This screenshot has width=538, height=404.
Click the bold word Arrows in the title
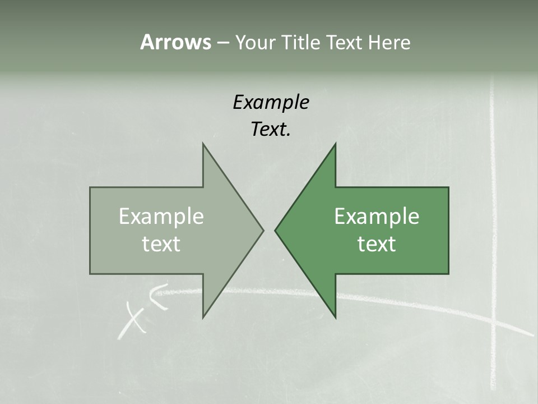(x=175, y=42)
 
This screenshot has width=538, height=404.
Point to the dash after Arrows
(x=222, y=43)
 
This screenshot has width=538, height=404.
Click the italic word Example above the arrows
(x=271, y=102)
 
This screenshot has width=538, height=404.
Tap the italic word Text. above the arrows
(x=271, y=129)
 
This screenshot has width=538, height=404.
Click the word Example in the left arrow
(x=161, y=217)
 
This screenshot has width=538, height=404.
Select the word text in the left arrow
(x=161, y=244)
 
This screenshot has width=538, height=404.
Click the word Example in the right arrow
(x=377, y=217)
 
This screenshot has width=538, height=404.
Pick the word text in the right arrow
(x=377, y=244)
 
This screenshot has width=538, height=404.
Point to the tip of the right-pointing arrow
(x=263, y=230)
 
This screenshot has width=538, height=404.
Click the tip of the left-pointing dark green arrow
(x=275, y=230)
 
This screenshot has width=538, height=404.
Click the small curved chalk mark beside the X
(x=159, y=296)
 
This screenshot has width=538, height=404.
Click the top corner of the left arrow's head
(x=203, y=144)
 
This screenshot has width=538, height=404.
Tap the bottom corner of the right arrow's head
(x=335, y=317)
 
